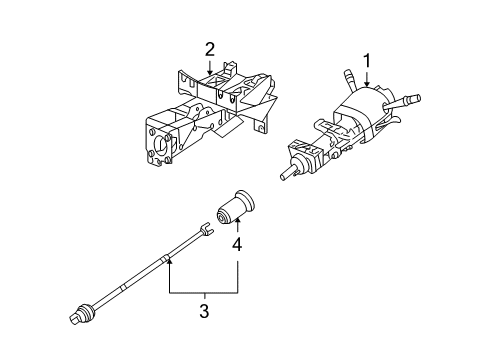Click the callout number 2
point(210,48)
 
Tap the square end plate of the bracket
point(161,139)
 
